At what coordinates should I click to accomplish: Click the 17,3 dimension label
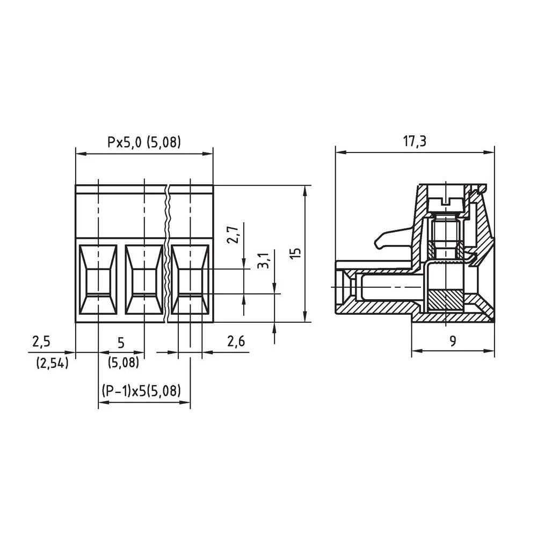point(415,141)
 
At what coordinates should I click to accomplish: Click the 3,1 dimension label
point(263,260)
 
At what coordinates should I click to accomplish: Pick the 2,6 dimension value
point(236,342)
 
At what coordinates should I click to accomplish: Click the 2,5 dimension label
point(41,342)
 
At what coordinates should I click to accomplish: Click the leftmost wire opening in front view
point(98,280)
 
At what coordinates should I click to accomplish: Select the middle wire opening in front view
point(143,280)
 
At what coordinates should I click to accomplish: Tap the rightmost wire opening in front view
point(190,280)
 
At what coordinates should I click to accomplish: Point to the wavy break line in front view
point(168,252)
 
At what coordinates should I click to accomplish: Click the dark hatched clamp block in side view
point(445,300)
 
